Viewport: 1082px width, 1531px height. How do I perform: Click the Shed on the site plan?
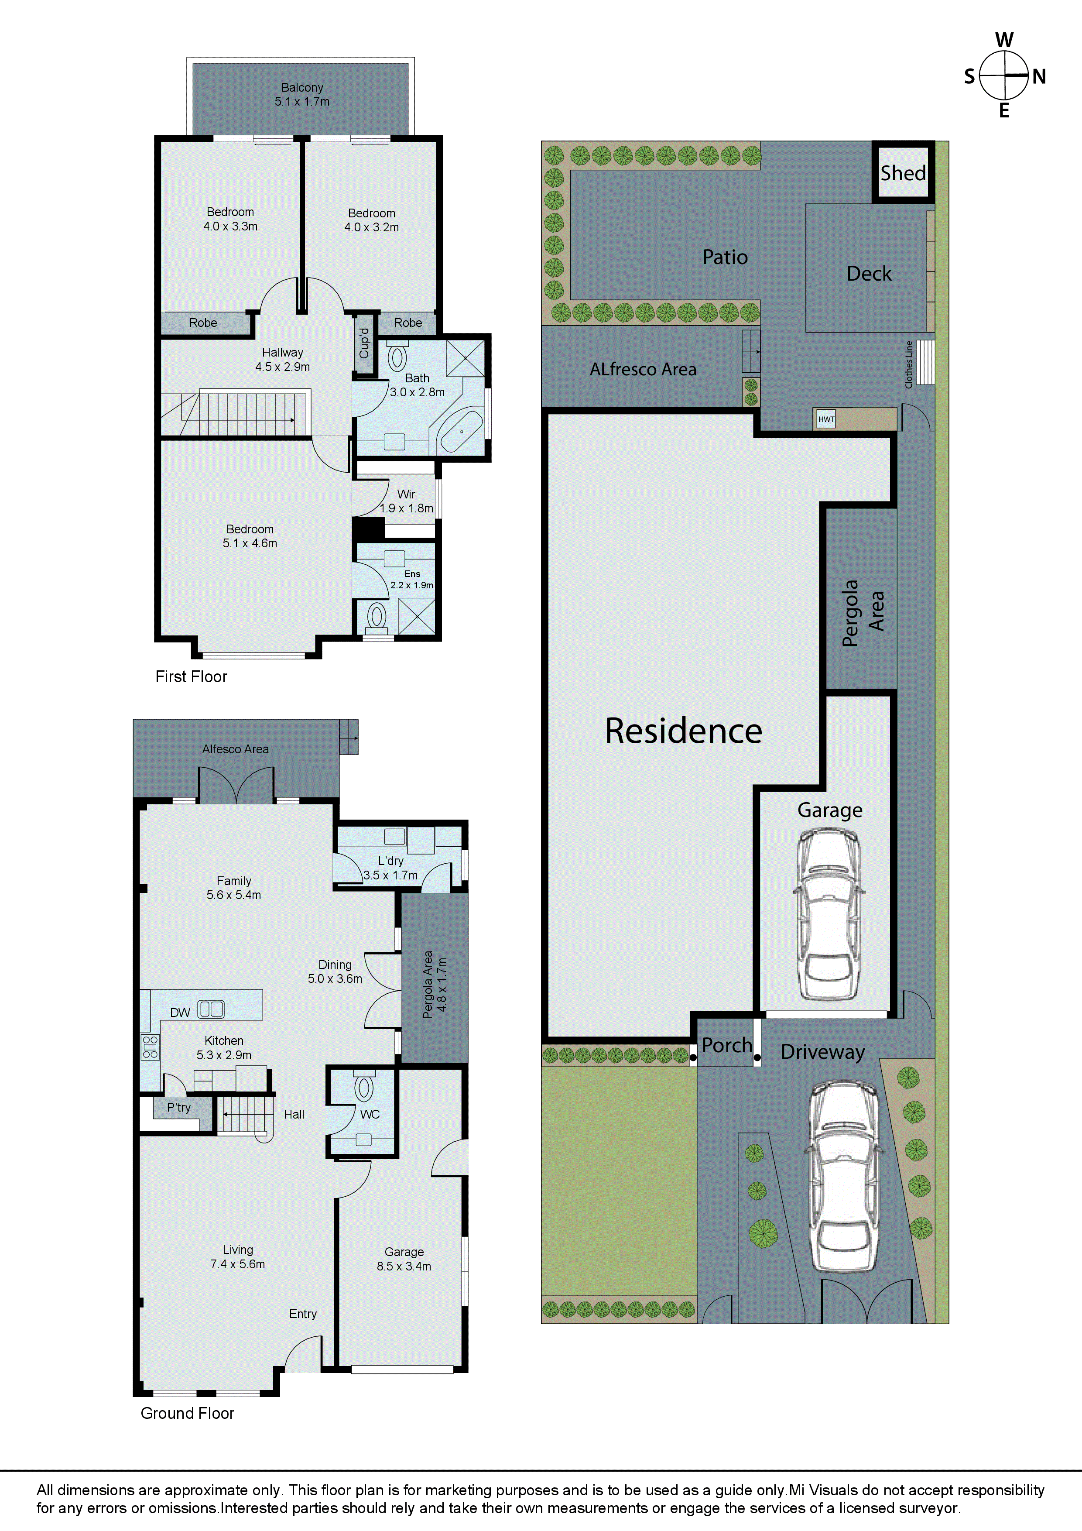click(x=903, y=173)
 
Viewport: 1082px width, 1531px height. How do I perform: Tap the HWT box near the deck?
click(x=826, y=419)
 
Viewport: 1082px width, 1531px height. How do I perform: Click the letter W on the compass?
click(x=1004, y=40)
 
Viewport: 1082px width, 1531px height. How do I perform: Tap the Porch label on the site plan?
click(x=726, y=1045)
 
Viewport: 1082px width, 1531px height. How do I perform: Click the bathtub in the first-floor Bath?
click(x=461, y=432)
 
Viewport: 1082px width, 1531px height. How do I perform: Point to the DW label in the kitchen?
click(x=180, y=1012)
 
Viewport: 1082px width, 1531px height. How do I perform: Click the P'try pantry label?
click(x=179, y=1108)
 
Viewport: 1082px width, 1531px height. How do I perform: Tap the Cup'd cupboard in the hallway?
click(x=364, y=343)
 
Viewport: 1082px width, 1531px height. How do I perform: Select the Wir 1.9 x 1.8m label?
click(x=406, y=501)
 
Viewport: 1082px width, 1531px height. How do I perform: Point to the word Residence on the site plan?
click(x=683, y=731)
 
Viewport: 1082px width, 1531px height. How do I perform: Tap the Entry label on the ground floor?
click(x=303, y=1314)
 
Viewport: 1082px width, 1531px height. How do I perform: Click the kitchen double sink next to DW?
click(x=211, y=1009)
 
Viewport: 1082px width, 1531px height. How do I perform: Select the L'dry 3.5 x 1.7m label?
click(x=390, y=868)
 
